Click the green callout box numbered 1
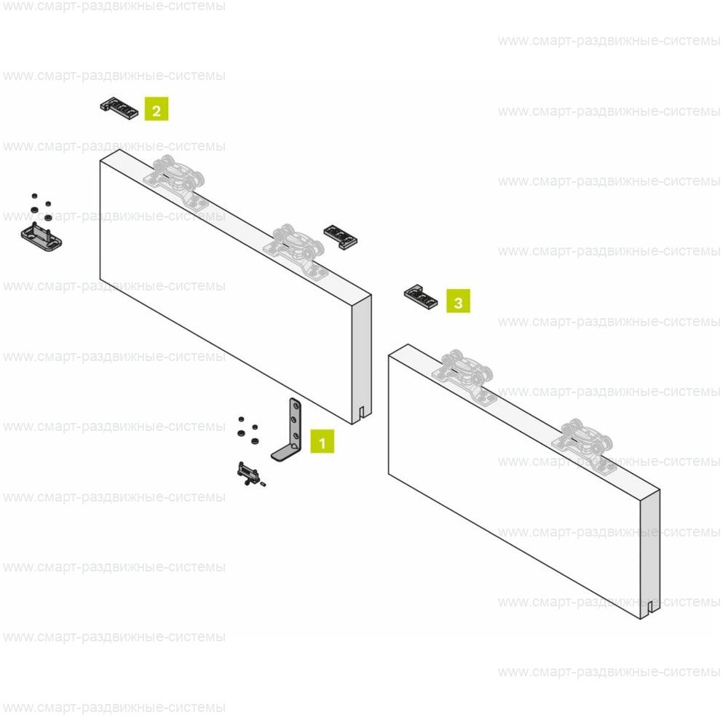tap(323, 442)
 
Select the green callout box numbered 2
tap(157, 109)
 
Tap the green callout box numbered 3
tap(458, 301)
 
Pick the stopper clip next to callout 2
tap(119, 108)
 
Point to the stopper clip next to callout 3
tap(421, 297)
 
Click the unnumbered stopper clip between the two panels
tap(340, 237)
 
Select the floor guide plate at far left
tap(41, 237)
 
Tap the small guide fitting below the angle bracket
tap(248, 474)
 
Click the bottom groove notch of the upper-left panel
tap(362, 414)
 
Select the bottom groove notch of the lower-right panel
tap(650, 608)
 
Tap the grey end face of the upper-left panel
tap(362, 360)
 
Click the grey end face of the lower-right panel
tap(650, 554)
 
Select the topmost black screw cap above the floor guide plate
tap(34, 196)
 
